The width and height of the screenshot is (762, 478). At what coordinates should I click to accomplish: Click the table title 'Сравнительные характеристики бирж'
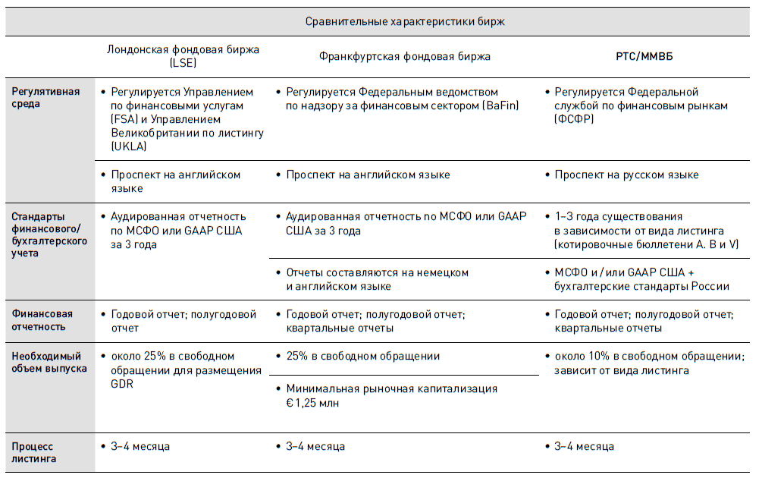(405, 21)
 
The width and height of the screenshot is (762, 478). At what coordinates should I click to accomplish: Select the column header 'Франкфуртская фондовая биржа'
(404, 56)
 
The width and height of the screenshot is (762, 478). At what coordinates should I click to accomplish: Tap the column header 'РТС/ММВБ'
(644, 56)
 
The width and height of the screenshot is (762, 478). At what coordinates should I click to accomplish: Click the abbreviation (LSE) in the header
(183, 63)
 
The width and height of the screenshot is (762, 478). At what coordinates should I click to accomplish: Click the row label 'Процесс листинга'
(33, 452)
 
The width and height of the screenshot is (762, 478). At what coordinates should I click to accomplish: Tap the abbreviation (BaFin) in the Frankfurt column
(500, 106)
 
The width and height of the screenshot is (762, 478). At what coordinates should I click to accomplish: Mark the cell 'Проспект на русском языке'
(626, 175)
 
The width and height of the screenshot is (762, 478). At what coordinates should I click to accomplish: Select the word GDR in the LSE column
(123, 384)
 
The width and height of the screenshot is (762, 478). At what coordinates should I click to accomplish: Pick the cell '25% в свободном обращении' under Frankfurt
(362, 356)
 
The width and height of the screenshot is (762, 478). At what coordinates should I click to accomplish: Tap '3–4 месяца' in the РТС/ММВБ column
(584, 446)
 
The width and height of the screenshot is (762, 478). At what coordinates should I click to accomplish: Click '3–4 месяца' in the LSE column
(140, 446)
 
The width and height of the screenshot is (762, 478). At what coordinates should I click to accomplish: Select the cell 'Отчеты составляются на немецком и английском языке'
(377, 279)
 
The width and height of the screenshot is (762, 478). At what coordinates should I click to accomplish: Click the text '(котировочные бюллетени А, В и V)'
(646, 244)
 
